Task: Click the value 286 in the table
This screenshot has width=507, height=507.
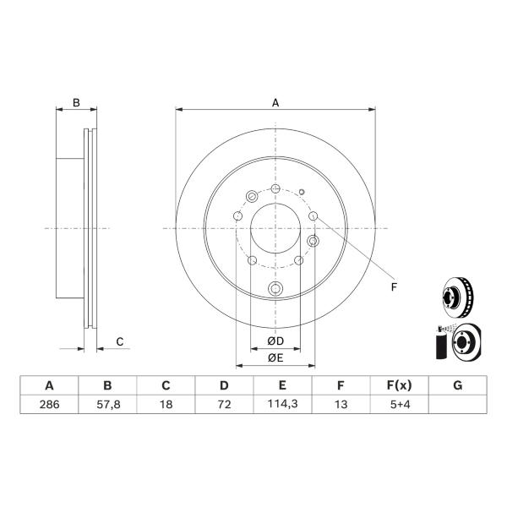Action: pyautogui.click(x=50, y=404)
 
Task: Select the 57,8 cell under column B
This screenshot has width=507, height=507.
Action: pyautogui.click(x=108, y=404)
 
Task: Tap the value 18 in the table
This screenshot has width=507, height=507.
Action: pyautogui.click(x=166, y=404)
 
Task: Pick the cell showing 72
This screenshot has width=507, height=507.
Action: pyautogui.click(x=225, y=404)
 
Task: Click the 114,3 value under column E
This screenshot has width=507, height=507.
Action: pyautogui.click(x=282, y=404)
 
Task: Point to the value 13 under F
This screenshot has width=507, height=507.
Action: pyautogui.click(x=341, y=404)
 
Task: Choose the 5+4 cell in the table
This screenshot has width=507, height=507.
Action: pyautogui.click(x=400, y=404)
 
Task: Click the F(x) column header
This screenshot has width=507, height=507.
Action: pyautogui.click(x=400, y=385)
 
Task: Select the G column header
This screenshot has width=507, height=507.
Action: pyautogui.click(x=457, y=385)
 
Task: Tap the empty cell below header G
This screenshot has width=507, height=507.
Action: pyautogui.click(x=457, y=404)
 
